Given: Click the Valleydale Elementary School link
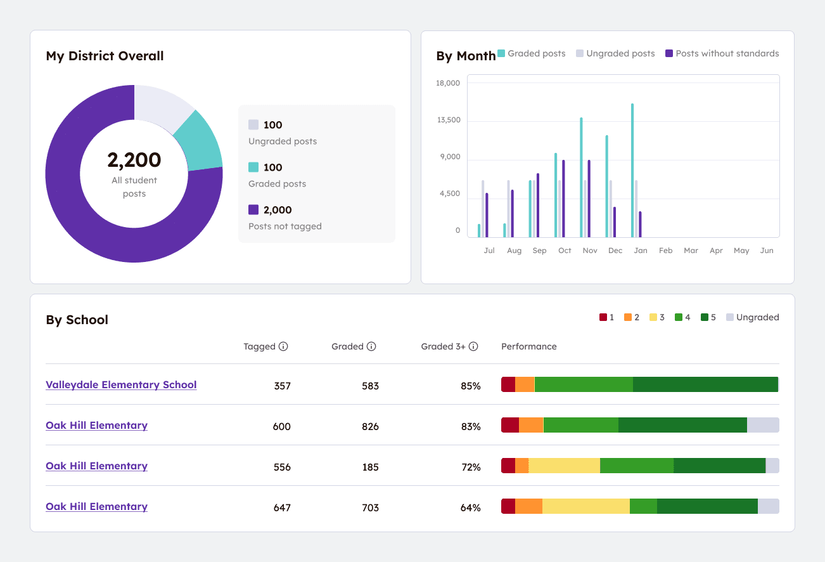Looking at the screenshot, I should click(x=121, y=385).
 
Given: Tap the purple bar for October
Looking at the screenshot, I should click(x=563, y=199).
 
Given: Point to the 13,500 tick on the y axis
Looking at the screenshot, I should click(x=449, y=121).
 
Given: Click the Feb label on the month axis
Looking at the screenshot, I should click(x=665, y=251).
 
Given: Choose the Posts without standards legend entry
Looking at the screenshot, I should click(x=722, y=54).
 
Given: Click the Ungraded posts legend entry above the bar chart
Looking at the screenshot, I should click(x=615, y=54).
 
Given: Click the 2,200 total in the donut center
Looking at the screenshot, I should click(x=134, y=160).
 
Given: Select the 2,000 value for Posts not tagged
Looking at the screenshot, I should click(x=278, y=210).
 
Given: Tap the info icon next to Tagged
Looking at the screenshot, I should click(x=283, y=346).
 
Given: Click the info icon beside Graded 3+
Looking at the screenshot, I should click(x=473, y=346).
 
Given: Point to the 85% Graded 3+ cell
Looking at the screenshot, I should click(x=471, y=386).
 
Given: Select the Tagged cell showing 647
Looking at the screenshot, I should click(x=281, y=507).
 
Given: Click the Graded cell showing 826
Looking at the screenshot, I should click(x=369, y=426).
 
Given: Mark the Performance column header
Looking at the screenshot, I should click(x=528, y=346).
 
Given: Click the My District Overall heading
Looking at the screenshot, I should click(x=105, y=56).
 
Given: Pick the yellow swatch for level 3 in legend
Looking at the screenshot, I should click(x=653, y=317).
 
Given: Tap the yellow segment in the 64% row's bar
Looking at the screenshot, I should click(x=585, y=506).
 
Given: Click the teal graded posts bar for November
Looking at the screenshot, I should click(x=581, y=177).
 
